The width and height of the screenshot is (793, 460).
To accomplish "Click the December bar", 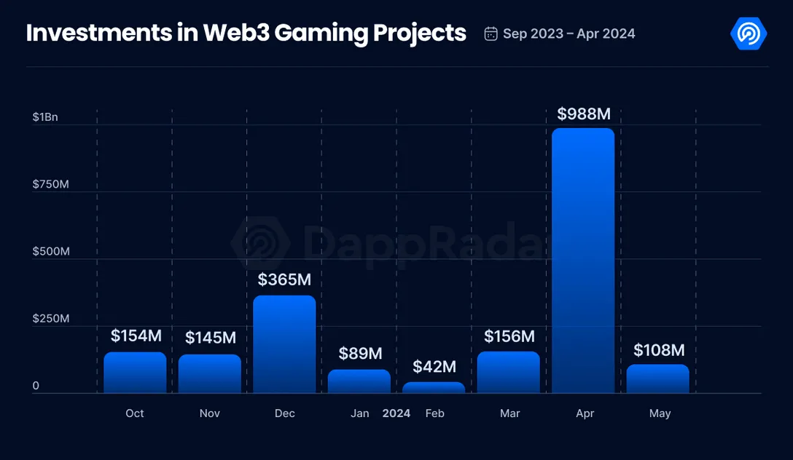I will click(284, 344).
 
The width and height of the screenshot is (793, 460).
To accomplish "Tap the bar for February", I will click(434, 387).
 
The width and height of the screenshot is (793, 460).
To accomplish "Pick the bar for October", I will click(135, 373).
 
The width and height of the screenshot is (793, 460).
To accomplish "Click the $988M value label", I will click(583, 114).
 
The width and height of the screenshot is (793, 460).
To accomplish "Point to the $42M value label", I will click(434, 367).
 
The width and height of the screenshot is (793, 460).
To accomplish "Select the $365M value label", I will click(284, 279).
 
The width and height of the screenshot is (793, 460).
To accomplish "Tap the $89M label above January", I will click(360, 354).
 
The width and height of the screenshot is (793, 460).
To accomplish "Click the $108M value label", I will click(659, 350).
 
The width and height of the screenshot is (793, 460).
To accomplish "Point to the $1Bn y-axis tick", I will click(45, 117).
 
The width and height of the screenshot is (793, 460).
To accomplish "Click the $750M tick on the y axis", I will click(50, 184).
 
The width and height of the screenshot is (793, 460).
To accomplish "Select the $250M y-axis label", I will click(50, 319).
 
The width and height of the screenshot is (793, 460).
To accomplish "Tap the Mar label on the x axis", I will click(509, 413).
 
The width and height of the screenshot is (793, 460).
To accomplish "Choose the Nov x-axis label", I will click(209, 413).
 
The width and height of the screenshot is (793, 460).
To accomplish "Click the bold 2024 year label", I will click(396, 413).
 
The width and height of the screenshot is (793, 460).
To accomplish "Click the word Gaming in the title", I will click(317, 33).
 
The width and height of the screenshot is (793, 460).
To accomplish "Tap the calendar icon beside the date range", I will click(491, 33).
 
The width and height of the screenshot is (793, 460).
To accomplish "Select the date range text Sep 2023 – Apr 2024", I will click(569, 33).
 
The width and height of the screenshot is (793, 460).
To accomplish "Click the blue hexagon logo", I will click(748, 33).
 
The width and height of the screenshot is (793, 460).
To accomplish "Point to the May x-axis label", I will click(660, 413).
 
